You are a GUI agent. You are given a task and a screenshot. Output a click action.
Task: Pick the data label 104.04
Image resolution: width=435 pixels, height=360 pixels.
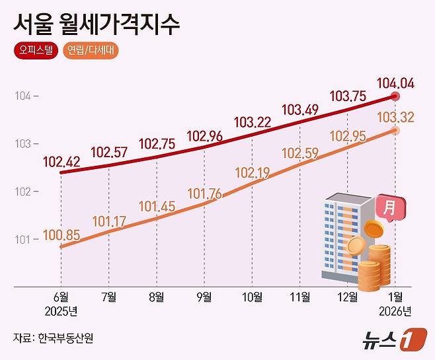[396, 83]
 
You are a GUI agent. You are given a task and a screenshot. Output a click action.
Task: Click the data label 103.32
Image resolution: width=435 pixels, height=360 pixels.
[396, 117]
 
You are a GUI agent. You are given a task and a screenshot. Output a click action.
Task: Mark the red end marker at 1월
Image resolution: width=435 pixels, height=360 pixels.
[396, 96]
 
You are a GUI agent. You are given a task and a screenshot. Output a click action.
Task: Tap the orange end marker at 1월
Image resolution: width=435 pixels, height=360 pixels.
[396, 131]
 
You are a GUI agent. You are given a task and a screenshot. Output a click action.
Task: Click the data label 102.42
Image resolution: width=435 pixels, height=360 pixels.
[61, 161]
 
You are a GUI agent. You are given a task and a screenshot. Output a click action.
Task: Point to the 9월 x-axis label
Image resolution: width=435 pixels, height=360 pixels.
[204, 297]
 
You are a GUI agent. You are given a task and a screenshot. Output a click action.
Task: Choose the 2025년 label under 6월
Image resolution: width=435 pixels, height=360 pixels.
[61, 310]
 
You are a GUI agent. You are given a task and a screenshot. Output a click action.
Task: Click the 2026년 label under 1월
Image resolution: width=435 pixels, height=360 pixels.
[396, 310]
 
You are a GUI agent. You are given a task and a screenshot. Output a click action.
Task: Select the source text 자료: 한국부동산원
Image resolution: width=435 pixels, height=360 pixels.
[53, 338]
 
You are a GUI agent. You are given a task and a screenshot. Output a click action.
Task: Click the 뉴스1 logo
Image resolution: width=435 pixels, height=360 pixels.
[390, 340]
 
